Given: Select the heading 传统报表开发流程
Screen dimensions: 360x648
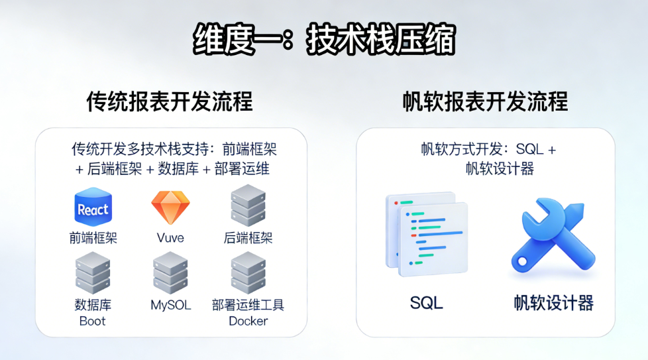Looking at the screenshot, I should point(170,102).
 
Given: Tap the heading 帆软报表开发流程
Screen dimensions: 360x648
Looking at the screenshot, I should point(485,102).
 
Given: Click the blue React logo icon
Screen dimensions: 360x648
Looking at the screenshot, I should point(93,208).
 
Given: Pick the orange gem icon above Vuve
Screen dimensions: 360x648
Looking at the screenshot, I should point(170,208).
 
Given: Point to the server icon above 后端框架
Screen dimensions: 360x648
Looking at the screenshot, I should point(248,206).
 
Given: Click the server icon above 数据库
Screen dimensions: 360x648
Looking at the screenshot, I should point(93,272).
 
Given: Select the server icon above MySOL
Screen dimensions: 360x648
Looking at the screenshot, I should point(170,272).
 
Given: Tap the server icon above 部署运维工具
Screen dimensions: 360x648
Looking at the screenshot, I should point(248,272).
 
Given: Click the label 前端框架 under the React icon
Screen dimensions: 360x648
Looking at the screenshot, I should point(93,238).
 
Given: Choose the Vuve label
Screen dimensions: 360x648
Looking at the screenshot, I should point(170,238).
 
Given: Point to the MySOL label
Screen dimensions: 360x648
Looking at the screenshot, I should point(170,306).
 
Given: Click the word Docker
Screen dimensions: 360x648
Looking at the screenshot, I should point(248,322).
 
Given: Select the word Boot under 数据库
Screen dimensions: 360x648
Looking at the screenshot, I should point(93,322).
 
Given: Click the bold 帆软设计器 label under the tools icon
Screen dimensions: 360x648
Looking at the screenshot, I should point(553,304).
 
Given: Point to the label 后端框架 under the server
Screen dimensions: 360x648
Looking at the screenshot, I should point(248,238).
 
